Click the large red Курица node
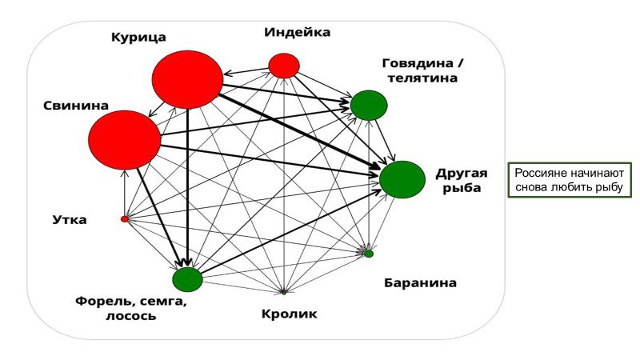click(187, 79)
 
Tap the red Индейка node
click(284, 66)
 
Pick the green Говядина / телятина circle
click(369, 105)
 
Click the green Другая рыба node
click(402, 179)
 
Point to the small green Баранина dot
click(369, 254)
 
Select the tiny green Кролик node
click(284, 292)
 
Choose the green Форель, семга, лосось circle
click(187, 279)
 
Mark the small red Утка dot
click(124, 218)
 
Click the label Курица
click(138, 37)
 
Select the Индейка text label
click(297, 32)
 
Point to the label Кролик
click(289, 314)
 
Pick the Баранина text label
click(420, 282)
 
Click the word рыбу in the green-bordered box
click(606, 187)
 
